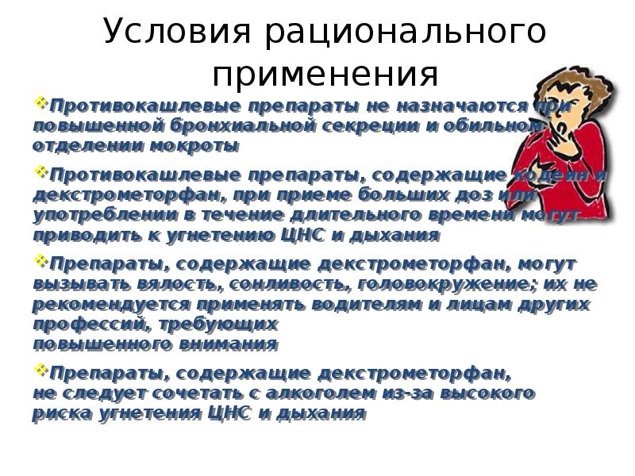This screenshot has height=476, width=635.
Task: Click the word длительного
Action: click(x=294, y=215)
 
